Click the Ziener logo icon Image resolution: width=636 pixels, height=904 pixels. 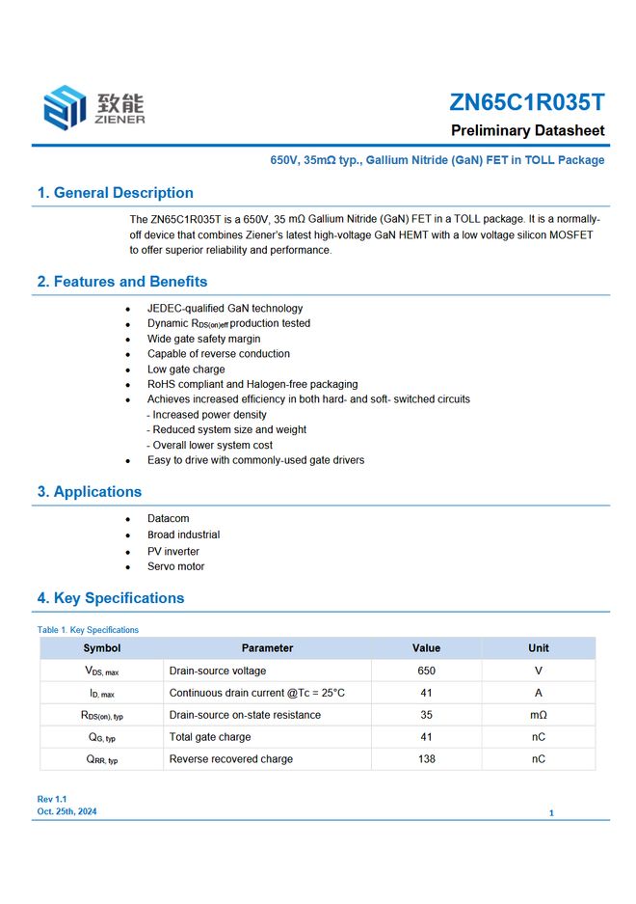pyautogui.click(x=66, y=107)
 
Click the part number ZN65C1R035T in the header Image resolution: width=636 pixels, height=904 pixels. pyautogui.click(x=526, y=102)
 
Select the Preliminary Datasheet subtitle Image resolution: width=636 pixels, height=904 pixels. pyautogui.click(x=527, y=130)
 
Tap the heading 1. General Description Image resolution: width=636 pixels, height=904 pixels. pyautogui.click(x=115, y=193)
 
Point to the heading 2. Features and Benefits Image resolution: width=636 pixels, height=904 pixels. pyautogui.click(x=121, y=282)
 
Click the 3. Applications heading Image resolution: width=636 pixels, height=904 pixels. pyautogui.click(x=89, y=492)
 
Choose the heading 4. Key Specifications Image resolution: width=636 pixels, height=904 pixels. pyautogui.click(x=110, y=598)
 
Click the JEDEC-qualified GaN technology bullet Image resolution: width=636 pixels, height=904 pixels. pyautogui.click(x=225, y=309)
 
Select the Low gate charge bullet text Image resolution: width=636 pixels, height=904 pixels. pyautogui.click(x=186, y=370)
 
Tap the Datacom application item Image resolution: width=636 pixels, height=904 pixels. pyautogui.click(x=168, y=519)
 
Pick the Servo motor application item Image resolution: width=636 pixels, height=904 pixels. pyautogui.click(x=175, y=566)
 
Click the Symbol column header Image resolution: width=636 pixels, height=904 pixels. pyautogui.click(x=102, y=648)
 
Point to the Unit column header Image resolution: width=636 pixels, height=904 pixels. pyautogui.click(x=538, y=648)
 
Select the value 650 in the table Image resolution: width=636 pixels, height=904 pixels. pyautogui.click(x=426, y=671)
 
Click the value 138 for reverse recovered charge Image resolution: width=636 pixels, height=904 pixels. pyautogui.click(x=426, y=759)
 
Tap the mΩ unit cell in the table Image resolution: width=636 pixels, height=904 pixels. pyautogui.click(x=538, y=715)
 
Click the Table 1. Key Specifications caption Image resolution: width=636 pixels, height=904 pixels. pyautogui.click(x=88, y=630)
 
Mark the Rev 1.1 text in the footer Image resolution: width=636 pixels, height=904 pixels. pyautogui.click(x=52, y=800)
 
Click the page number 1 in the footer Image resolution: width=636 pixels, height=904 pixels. pyautogui.click(x=551, y=813)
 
